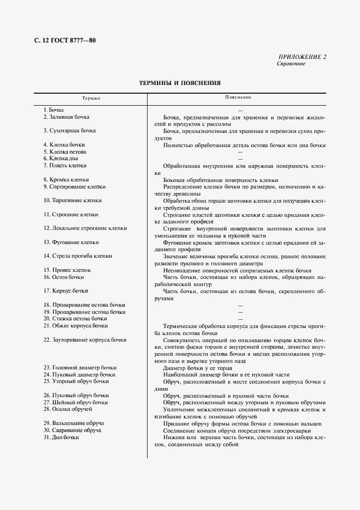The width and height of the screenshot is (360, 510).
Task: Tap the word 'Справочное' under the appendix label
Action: (x=291, y=64)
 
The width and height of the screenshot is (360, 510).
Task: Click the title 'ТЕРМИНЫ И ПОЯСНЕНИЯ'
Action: (x=180, y=83)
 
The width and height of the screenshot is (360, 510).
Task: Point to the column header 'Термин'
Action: (x=91, y=98)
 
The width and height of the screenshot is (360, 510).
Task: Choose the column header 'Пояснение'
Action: (x=238, y=98)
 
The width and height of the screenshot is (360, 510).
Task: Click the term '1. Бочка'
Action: (x=53, y=110)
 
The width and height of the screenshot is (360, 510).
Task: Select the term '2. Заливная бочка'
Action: (x=66, y=117)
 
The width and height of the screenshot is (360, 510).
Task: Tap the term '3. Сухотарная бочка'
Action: (x=69, y=131)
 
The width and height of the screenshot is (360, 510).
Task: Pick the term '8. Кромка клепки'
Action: (x=66, y=180)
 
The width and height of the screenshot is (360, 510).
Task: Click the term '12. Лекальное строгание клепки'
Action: (x=85, y=228)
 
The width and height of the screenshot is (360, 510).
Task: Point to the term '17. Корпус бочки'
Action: (x=65, y=291)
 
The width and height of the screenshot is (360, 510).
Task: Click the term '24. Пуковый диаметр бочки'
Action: (x=79, y=374)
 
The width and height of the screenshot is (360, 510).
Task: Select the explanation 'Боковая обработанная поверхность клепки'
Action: (x=221, y=180)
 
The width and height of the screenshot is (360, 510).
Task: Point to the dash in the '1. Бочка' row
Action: (x=240, y=111)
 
